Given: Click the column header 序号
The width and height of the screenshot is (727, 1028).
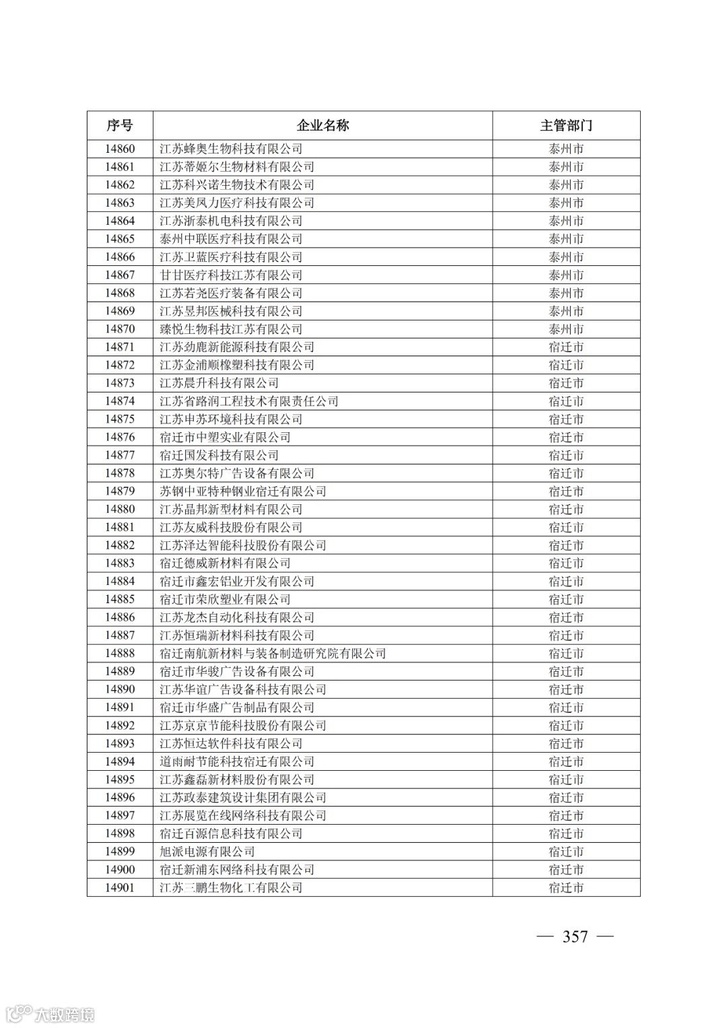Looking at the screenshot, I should tap(120, 126).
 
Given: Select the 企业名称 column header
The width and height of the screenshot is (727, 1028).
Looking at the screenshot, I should tap(322, 126).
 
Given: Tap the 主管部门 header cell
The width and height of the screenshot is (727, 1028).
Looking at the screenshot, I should tap(566, 126).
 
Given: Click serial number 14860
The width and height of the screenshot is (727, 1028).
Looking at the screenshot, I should tap(120, 149).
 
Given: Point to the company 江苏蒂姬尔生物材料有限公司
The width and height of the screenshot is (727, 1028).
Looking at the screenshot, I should tap(237, 167).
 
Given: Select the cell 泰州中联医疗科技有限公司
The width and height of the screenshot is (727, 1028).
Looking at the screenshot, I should tap(231, 239).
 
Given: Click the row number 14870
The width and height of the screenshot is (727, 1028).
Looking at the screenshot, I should tap(120, 329).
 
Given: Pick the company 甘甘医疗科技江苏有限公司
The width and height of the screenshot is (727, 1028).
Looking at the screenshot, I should tap(231, 275).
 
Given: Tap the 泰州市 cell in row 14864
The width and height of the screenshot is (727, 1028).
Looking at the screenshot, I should tap(566, 221).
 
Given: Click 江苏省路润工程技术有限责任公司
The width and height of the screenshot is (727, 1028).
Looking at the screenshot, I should tap(249, 401).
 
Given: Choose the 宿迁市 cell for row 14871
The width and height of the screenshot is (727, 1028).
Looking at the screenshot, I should tap(566, 347).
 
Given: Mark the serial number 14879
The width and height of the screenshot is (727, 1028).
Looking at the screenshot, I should tap(120, 491).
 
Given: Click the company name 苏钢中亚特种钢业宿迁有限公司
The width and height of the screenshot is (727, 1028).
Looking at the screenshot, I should tap(243, 491).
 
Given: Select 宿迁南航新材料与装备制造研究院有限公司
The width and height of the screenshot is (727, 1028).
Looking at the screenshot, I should tap(273, 654).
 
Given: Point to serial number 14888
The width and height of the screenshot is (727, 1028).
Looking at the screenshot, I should tap(120, 654).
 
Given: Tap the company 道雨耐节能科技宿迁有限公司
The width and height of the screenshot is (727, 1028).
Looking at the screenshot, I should tap(237, 761).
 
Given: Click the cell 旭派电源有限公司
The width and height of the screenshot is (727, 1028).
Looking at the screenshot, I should tap(207, 852).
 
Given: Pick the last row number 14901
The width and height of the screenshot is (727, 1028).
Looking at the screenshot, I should tap(120, 888).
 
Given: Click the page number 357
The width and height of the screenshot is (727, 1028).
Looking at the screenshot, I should tap(575, 936).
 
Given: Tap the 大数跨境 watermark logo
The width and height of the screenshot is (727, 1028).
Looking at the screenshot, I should tap(50, 1013).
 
